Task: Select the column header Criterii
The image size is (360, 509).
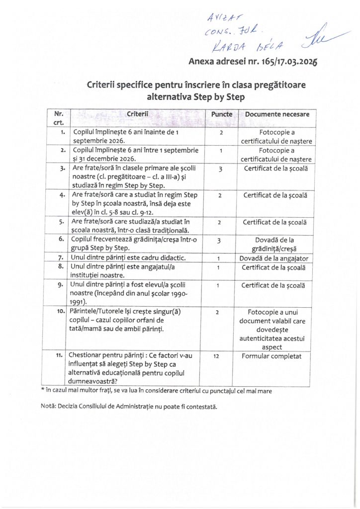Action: point(138,114)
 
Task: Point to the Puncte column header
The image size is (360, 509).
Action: point(222,114)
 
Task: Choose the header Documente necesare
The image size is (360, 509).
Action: point(277,114)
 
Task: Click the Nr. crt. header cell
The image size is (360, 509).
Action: point(59,118)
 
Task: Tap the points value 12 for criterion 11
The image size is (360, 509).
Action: point(220,356)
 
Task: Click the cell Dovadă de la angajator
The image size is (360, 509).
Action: point(274,258)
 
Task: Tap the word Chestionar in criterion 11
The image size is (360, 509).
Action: point(87,355)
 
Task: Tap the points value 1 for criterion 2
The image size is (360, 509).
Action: point(220,150)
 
